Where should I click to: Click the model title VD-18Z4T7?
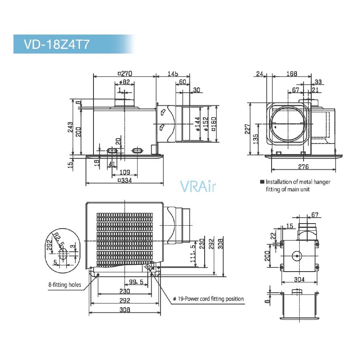point(56,44)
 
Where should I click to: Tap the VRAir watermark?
point(198,187)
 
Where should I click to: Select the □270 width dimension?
point(125,73)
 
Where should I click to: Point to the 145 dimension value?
point(173,73)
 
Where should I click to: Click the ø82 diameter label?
point(125,82)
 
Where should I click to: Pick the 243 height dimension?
point(70,127)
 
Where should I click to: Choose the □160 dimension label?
point(213,124)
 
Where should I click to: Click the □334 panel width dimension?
point(125,180)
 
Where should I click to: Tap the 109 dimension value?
point(125,172)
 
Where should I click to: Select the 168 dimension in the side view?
point(292,73)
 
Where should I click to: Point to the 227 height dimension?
point(247,129)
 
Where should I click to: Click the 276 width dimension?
point(303,167)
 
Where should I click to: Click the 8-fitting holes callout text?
point(65,285)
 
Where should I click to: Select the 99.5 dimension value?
point(136,282)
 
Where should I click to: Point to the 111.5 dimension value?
point(193,254)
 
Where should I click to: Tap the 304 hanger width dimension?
point(299,279)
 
